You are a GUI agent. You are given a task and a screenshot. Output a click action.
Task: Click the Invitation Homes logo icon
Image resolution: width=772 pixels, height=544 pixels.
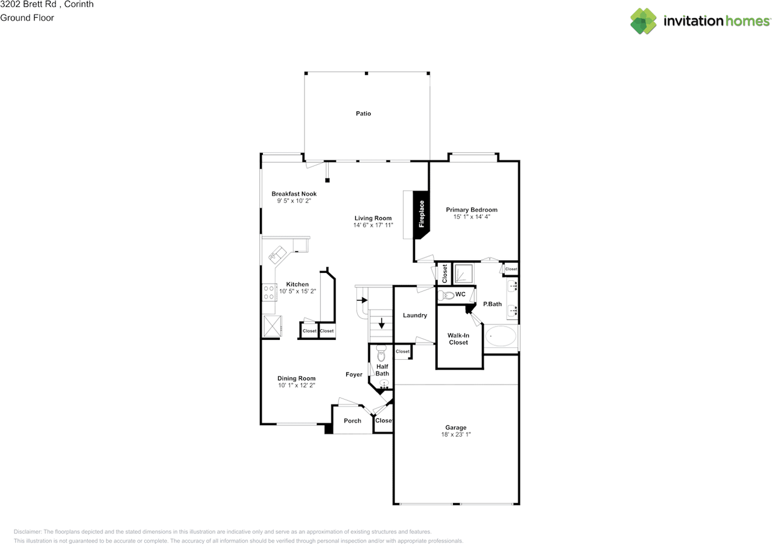pyautogui.click(x=643, y=21)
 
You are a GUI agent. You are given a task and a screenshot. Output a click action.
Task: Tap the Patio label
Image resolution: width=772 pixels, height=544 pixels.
pyautogui.click(x=363, y=114)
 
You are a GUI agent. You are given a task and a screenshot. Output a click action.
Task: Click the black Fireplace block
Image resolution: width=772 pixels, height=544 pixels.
pyautogui.click(x=422, y=214)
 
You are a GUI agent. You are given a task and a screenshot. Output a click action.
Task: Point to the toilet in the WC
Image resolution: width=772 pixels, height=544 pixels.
pyautogui.click(x=447, y=295)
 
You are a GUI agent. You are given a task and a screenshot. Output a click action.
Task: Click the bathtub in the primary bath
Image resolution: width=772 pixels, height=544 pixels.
pyautogui.click(x=501, y=336)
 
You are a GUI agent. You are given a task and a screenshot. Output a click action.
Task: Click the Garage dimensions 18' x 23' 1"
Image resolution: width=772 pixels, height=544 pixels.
pyautogui.click(x=455, y=434)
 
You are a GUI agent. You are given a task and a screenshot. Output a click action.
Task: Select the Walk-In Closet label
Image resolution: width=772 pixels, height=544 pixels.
pyautogui.click(x=458, y=339)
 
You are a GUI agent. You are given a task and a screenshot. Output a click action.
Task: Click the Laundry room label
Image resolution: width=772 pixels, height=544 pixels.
pyautogui.click(x=415, y=315)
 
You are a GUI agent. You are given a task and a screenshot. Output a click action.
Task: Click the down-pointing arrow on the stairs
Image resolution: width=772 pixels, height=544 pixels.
pyautogui.click(x=381, y=324)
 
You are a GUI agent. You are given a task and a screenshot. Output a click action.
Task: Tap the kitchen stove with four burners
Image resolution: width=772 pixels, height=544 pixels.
pyautogui.click(x=269, y=293)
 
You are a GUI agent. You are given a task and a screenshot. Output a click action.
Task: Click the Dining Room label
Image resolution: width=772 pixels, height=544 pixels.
pyautogui.click(x=296, y=379)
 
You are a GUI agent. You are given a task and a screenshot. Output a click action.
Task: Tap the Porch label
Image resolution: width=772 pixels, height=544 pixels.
pyautogui.click(x=352, y=421)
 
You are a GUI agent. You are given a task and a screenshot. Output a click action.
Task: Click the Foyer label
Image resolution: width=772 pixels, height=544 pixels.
pyautogui.click(x=354, y=374)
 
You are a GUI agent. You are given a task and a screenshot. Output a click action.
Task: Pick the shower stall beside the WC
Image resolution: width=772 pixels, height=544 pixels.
pyautogui.click(x=464, y=274)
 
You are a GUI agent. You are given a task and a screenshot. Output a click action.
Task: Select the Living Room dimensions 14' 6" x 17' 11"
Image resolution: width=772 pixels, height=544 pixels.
pyautogui.click(x=373, y=225)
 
